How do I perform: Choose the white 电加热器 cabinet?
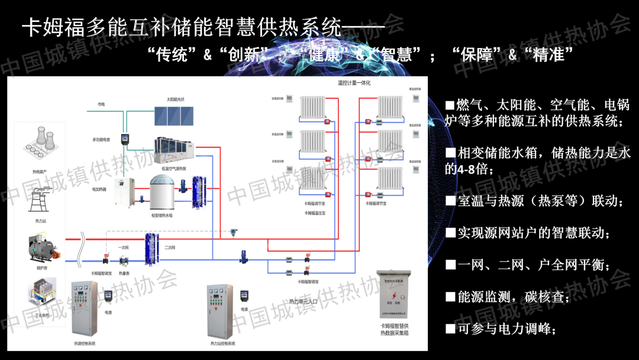point(125,191)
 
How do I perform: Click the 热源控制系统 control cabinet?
point(84,308)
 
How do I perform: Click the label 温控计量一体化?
point(353,83)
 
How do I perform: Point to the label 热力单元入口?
point(303,301)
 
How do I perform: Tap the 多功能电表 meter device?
point(125,140)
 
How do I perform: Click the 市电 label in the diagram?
point(101,104)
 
